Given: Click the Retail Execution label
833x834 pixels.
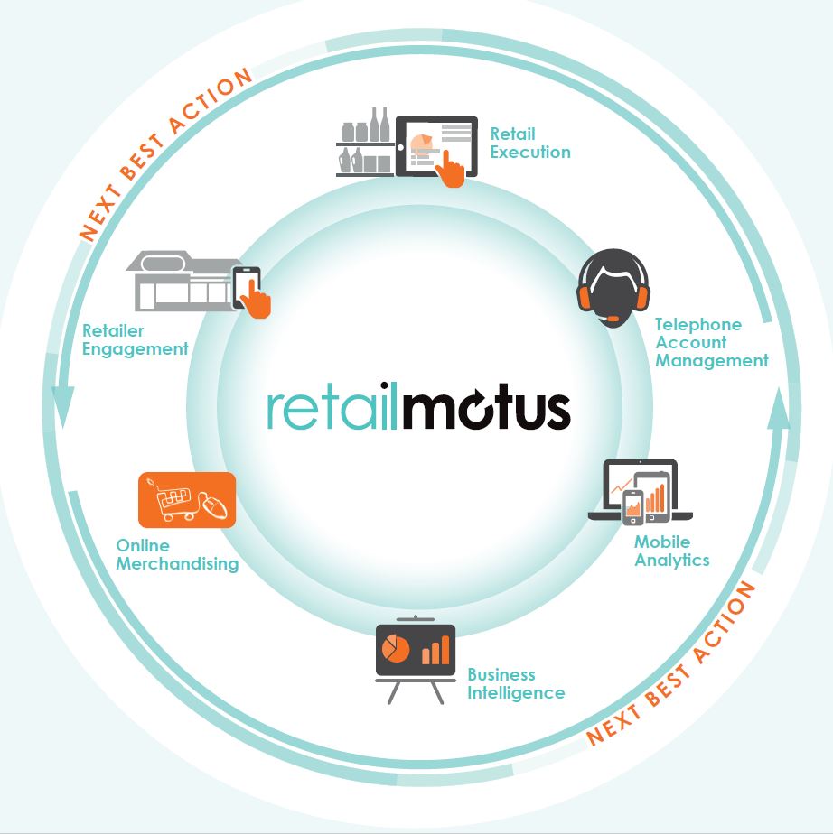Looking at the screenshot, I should coord(529,143).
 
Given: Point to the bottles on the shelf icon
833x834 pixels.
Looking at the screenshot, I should coord(365,143).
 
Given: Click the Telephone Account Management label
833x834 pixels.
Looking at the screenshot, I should coord(711,342).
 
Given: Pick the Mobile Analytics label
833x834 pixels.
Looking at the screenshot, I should coord(671,551).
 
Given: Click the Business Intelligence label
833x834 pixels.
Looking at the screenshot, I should coord(515,683).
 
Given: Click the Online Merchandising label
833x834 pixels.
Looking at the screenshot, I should coord(177,554).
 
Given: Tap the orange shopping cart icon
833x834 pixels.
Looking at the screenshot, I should coord(187,500).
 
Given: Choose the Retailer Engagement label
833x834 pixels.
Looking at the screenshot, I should coord(136,339).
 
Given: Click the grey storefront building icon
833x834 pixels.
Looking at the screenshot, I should coord(181,280).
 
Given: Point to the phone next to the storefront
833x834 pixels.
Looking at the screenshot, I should coord(248,289).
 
